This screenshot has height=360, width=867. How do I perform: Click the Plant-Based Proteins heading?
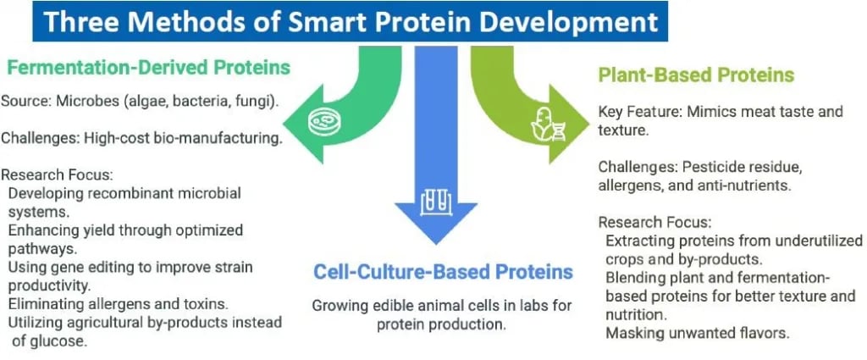click(x=697, y=75)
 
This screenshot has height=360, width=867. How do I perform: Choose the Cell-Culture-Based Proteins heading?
click(x=443, y=272)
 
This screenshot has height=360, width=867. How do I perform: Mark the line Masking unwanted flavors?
click(x=698, y=333)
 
